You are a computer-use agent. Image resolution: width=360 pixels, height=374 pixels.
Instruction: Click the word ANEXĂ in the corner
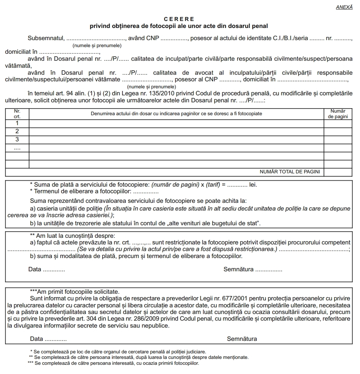coord(344,7)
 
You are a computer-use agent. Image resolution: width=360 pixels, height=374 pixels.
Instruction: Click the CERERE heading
coord(179,19)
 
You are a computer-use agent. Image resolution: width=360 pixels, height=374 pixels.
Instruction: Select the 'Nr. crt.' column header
coord(17,113)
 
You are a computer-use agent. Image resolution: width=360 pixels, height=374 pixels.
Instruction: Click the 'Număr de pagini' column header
coord(338,113)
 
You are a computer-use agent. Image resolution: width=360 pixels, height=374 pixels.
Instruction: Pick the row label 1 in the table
coord(17,123)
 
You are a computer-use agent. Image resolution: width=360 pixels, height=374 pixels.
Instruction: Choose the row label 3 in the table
coord(17,140)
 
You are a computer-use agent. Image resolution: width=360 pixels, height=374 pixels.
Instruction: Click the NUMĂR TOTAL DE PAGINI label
coord(290,172)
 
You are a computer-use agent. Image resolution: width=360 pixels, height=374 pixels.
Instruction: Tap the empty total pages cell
coord(338,172)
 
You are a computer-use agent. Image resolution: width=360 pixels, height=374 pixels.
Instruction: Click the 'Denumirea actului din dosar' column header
coord(176,113)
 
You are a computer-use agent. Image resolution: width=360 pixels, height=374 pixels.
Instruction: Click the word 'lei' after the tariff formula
coord(253,185)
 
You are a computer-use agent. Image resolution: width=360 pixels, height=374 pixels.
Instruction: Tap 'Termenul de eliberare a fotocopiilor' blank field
coord(145,191)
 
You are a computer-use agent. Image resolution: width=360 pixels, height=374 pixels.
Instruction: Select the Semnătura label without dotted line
coord(242,339)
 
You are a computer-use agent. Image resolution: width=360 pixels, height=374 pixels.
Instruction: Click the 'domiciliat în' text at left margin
coord(21,52)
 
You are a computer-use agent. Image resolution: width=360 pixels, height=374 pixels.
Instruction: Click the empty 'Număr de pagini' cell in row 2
coord(338,131)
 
